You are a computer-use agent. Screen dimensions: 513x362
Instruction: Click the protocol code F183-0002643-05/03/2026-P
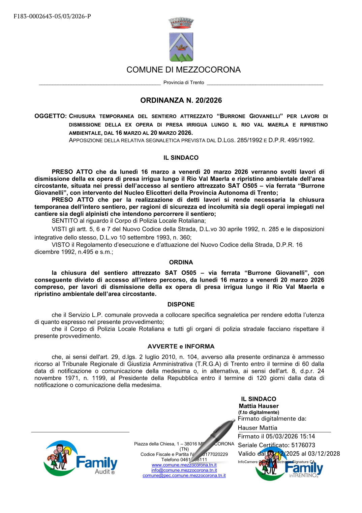52,16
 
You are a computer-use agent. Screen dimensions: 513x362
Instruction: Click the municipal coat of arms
181,40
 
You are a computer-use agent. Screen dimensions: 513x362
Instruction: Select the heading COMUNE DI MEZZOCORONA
183,70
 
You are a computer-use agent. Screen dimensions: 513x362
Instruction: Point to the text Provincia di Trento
184,82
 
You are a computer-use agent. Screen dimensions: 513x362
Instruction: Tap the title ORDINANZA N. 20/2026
181,100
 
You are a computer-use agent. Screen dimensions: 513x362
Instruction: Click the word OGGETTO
50,116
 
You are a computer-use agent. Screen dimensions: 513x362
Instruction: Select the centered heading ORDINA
181,262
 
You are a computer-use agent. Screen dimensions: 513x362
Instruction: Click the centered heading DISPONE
181,304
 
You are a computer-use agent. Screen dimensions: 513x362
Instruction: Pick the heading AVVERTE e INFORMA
181,346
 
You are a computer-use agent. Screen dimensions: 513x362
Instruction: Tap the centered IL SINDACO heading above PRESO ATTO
181,158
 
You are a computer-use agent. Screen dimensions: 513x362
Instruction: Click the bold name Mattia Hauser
259,406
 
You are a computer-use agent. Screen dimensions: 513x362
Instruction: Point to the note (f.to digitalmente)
259,412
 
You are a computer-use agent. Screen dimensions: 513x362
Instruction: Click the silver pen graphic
212,439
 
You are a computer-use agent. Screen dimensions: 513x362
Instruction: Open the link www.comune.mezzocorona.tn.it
184,465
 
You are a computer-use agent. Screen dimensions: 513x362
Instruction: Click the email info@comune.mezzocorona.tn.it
184,470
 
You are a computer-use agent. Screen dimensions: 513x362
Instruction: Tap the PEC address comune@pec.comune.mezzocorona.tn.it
184,476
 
